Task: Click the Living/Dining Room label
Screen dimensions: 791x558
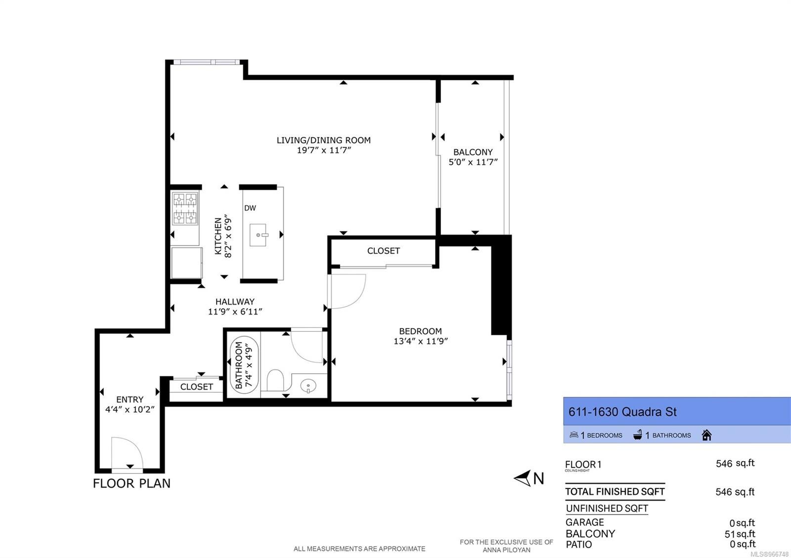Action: tap(323, 140)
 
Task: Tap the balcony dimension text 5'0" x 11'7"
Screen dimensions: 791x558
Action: tap(473, 162)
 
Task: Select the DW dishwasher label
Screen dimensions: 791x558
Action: tap(250, 208)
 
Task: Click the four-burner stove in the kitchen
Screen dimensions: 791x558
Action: tap(185, 208)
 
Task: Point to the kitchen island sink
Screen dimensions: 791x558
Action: tap(258, 235)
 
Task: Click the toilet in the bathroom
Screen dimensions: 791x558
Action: tap(275, 380)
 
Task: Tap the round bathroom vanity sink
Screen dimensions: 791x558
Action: tap(308, 386)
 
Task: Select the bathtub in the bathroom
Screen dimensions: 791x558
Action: tap(244, 365)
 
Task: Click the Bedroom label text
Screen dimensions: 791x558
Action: tap(420, 331)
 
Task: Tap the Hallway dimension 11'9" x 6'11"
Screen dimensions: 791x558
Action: tap(235, 312)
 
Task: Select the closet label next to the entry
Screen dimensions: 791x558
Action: tap(196, 387)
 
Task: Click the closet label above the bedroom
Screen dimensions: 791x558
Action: tap(384, 251)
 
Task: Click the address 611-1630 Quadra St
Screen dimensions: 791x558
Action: tap(622, 412)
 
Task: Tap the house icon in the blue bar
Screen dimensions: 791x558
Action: tap(706, 435)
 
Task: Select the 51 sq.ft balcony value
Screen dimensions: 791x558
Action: tap(740, 534)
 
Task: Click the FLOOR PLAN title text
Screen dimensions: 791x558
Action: tap(132, 483)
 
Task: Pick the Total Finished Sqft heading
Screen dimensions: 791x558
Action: tap(615, 491)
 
